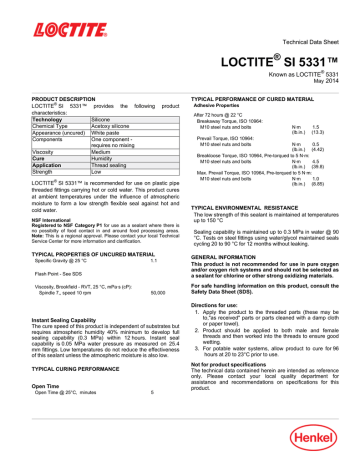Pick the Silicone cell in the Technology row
[x=101, y=119]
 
